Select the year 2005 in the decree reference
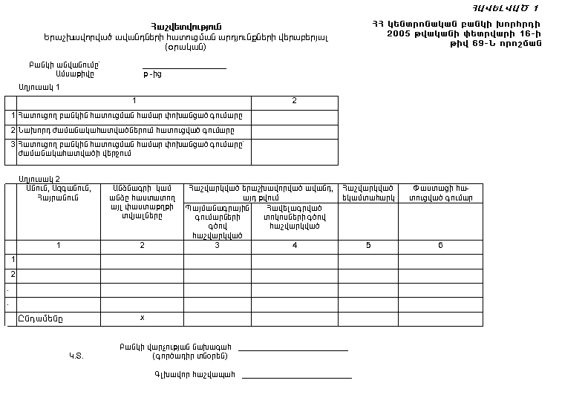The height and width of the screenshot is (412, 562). pyautogui.click(x=400, y=34)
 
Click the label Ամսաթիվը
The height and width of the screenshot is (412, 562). pyautogui.click(x=75, y=74)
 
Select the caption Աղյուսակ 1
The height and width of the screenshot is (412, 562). pyautogui.click(x=39, y=88)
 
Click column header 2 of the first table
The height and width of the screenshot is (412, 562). pyautogui.click(x=294, y=101)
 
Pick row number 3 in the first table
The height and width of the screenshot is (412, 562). pyautogui.click(x=13, y=143)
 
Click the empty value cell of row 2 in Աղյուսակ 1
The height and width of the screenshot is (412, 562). pyautogui.click(x=294, y=131)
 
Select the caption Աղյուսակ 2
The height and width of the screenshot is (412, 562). pyautogui.click(x=39, y=179)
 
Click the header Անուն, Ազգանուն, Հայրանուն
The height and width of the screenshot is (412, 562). pyautogui.click(x=59, y=193)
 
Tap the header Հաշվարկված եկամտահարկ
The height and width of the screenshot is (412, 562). pyautogui.click(x=368, y=193)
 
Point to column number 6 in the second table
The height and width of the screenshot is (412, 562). pyautogui.click(x=440, y=245)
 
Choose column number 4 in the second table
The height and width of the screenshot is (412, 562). pyautogui.click(x=295, y=245)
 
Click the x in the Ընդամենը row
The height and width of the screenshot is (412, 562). pyautogui.click(x=142, y=318)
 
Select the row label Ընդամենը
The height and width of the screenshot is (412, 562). pyautogui.click(x=41, y=318)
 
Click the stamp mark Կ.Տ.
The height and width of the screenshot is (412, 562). pyautogui.click(x=76, y=356)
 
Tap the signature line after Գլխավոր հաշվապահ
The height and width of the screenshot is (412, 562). pyautogui.click(x=296, y=377)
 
